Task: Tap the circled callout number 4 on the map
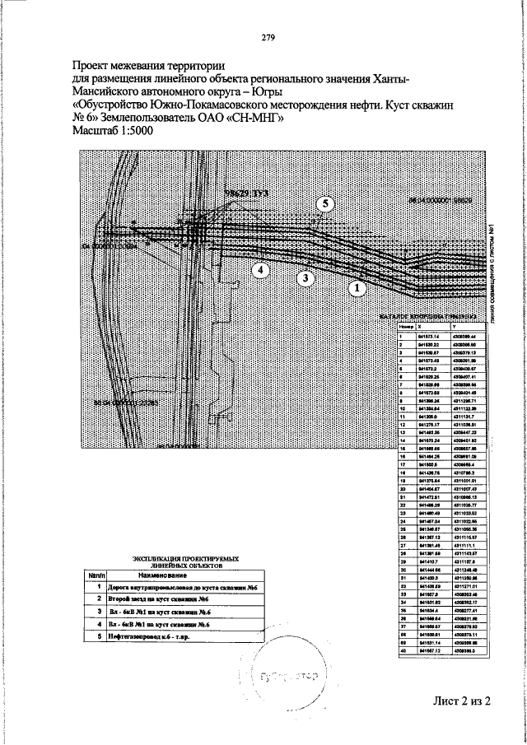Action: tap(259, 269)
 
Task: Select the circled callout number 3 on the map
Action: tap(305, 278)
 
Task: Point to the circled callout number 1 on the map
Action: tap(357, 288)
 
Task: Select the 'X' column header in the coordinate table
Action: tap(422, 328)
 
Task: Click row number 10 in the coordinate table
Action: tap(400, 407)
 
